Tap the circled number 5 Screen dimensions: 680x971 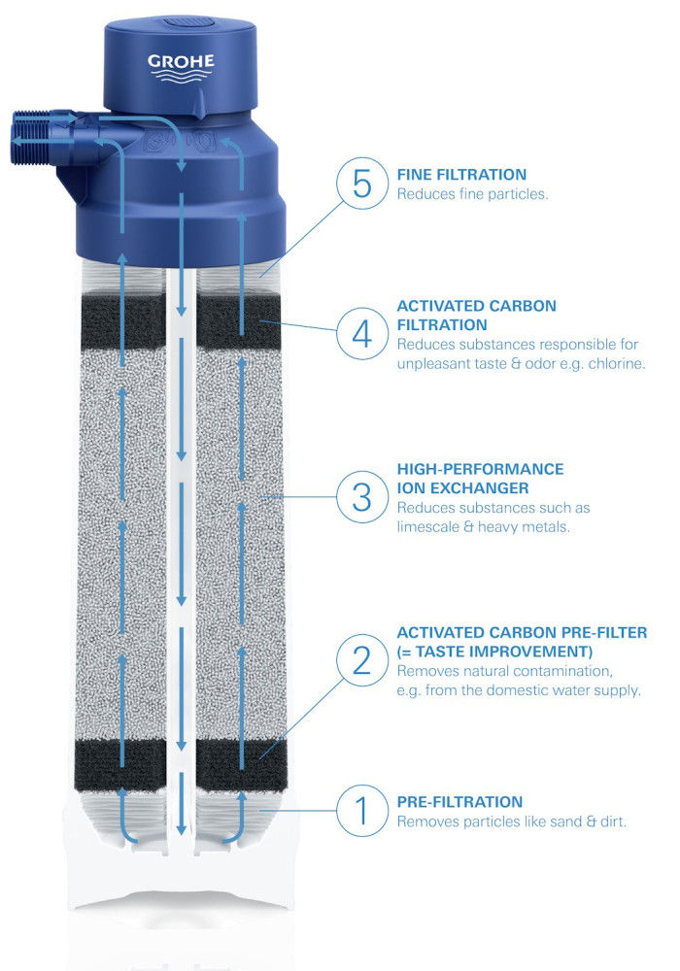tap(361, 184)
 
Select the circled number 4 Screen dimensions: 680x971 tap(361, 334)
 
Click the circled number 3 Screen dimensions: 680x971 tap(361, 496)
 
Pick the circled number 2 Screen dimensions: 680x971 tap(361, 660)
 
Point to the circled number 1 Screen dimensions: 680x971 tap(361, 811)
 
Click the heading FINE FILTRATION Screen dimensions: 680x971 tap(461, 175)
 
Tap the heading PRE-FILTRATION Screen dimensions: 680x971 tap(459, 802)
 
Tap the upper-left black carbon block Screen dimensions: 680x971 tap(123, 320)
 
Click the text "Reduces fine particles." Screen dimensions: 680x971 tap(472, 194)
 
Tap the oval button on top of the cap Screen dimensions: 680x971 tap(188, 23)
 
